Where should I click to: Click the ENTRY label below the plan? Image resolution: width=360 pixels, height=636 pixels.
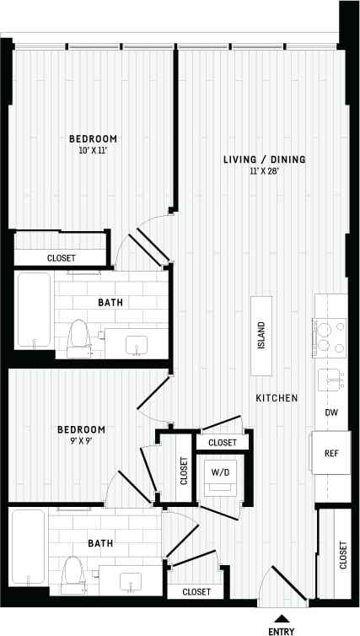pyautogui.click(x=282, y=629)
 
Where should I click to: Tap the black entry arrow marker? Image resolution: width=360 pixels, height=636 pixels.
pyautogui.click(x=282, y=617)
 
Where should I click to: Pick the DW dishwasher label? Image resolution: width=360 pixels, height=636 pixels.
pyautogui.click(x=331, y=412)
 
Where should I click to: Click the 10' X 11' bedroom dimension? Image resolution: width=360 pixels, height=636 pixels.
pyautogui.click(x=93, y=150)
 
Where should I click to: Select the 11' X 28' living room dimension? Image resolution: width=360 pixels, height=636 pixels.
pyautogui.click(x=265, y=171)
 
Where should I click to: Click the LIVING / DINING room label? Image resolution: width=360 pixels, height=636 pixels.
pyautogui.click(x=264, y=159)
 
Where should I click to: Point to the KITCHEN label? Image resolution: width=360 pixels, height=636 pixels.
pyautogui.click(x=277, y=396)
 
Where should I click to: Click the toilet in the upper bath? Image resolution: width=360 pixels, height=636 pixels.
pyautogui.click(x=78, y=335)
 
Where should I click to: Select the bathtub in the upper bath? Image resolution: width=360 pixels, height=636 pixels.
pyautogui.click(x=34, y=310)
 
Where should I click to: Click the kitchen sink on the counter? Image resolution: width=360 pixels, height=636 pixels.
pyautogui.click(x=330, y=379)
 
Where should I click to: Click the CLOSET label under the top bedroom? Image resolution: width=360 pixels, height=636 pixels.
pyautogui.click(x=61, y=258)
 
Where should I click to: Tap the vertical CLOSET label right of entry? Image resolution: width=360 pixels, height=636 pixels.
pyautogui.click(x=342, y=555)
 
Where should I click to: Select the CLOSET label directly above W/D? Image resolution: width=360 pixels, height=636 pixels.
pyautogui.click(x=223, y=442)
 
